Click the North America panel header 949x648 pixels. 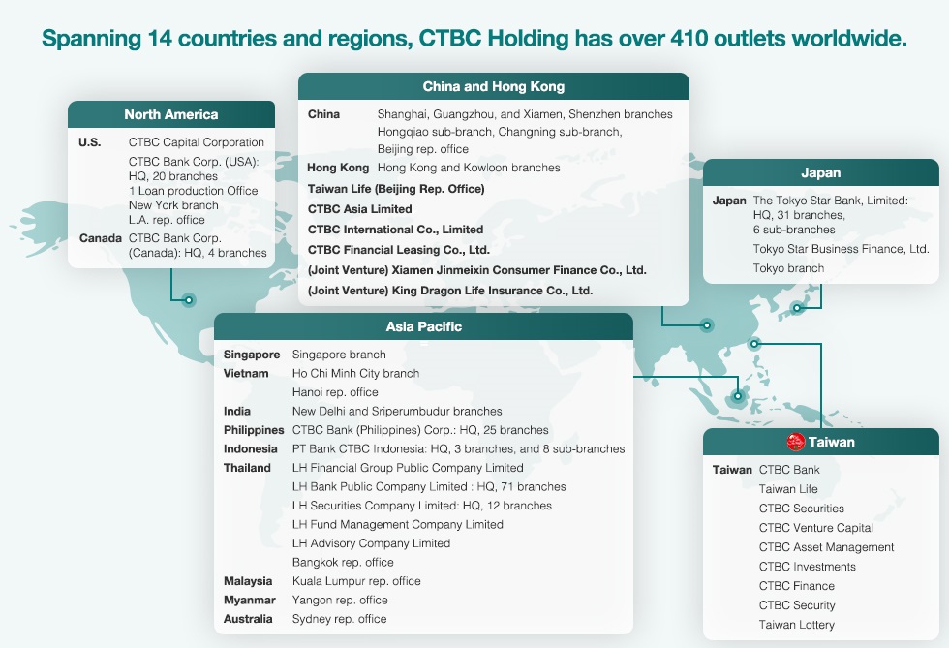(171, 114)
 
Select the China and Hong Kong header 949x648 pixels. (493, 86)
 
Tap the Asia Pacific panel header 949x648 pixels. (424, 326)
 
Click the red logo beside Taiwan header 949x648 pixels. (795, 442)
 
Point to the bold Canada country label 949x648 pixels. (101, 238)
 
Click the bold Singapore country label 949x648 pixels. (252, 355)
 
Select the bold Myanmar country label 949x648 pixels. (250, 600)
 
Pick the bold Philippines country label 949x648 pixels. (254, 430)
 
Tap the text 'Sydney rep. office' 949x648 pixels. (340, 618)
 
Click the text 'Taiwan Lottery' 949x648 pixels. (796, 625)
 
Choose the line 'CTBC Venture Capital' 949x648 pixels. (815, 528)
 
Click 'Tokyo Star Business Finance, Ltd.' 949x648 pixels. (841, 248)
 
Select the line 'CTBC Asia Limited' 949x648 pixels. (359, 209)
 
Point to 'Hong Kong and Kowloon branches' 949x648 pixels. (469, 168)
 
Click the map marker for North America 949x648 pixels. (189, 299)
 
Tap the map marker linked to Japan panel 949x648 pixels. (797, 308)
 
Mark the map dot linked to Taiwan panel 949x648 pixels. (754, 344)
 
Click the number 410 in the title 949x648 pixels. (689, 38)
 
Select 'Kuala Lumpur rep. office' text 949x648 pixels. (356, 581)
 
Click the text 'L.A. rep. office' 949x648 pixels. (167, 219)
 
